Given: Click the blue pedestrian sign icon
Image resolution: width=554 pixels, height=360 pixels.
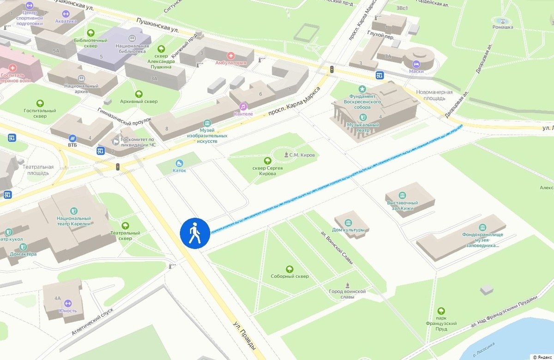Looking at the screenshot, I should (x=195, y=233).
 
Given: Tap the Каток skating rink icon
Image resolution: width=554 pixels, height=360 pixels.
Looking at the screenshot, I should (x=180, y=163).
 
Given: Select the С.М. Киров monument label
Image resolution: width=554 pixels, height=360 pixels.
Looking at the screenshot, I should (x=301, y=155).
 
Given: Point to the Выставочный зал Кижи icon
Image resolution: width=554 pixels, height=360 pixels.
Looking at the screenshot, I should (x=402, y=195).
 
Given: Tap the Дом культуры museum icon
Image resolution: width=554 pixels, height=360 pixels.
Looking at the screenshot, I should (x=349, y=222).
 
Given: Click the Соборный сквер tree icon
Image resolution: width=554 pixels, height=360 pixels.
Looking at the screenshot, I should (x=289, y=269).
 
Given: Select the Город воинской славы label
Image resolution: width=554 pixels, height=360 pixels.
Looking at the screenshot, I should (x=347, y=294).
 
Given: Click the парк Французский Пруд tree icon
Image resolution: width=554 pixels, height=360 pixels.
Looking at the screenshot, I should (x=441, y=311).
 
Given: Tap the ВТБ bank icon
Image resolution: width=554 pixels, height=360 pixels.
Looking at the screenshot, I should (x=72, y=138).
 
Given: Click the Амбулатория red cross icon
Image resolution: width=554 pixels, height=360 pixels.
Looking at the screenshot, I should (x=231, y=55).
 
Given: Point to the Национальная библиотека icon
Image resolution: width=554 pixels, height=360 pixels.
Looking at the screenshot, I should (x=132, y=38).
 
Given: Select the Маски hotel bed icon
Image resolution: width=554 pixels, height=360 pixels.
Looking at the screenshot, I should (x=416, y=64).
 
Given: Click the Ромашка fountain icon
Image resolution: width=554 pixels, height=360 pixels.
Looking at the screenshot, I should (x=502, y=20).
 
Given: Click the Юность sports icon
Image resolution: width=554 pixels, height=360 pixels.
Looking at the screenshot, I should (x=67, y=303).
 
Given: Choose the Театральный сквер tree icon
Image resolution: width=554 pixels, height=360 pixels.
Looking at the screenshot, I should (x=125, y=225).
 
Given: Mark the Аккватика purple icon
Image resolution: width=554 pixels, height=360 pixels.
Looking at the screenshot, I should (x=65, y=13).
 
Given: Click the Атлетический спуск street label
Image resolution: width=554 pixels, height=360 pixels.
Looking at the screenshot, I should (x=92, y=322).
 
